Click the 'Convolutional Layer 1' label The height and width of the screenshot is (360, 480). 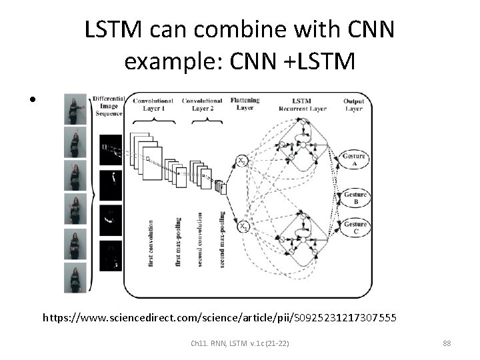tap(153, 105)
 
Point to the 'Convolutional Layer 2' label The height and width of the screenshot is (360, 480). tap(202, 105)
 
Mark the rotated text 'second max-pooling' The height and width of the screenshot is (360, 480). tap(222, 240)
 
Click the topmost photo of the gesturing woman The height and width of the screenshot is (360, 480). tap(75, 109)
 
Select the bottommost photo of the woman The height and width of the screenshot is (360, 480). tap(75, 277)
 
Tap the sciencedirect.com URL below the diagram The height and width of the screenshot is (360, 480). tap(220, 319)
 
